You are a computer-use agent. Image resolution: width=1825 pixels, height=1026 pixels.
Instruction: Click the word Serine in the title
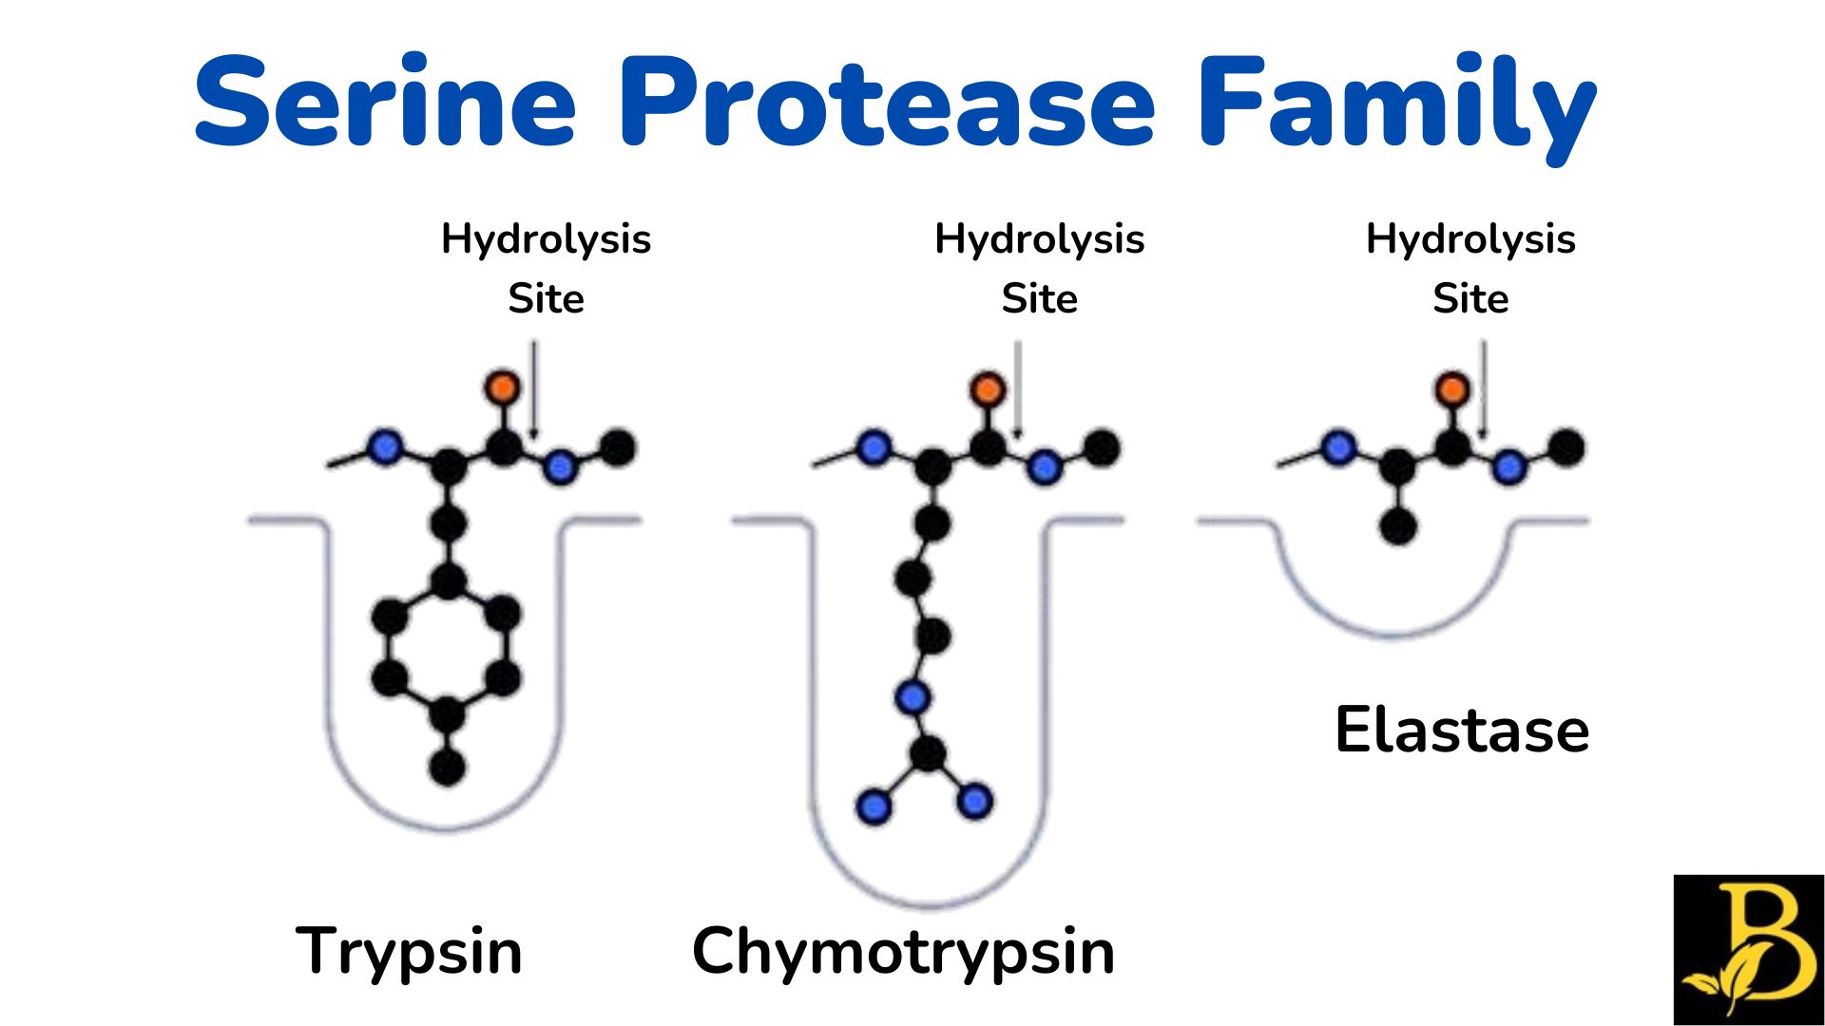(x=385, y=103)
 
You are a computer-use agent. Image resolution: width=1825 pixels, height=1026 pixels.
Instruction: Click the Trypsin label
(x=409, y=951)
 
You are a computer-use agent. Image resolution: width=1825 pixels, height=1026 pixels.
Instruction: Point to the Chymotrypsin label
(x=903, y=951)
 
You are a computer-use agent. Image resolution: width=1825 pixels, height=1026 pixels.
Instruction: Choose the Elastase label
(x=1462, y=731)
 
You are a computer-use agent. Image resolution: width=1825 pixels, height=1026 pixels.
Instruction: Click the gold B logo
(x=1749, y=950)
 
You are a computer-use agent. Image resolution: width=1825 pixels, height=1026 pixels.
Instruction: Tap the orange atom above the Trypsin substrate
(x=503, y=387)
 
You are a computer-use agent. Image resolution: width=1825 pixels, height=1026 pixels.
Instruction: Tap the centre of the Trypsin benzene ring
(x=447, y=648)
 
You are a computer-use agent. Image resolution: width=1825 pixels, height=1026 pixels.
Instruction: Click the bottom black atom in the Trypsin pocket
(x=447, y=766)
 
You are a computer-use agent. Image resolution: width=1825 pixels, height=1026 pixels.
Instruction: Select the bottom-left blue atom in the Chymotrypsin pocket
(x=874, y=807)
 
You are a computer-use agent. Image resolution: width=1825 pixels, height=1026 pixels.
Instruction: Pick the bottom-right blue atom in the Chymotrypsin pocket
(x=974, y=801)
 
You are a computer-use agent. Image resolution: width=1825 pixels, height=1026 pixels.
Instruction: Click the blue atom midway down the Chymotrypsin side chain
(x=912, y=698)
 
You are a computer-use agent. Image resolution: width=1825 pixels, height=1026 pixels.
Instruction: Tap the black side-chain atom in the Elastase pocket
(x=1397, y=526)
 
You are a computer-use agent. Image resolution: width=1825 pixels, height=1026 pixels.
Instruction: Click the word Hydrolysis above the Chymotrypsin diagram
(x=1039, y=239)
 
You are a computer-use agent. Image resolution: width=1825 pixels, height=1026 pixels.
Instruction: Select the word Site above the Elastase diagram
(x=1470, y=299)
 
